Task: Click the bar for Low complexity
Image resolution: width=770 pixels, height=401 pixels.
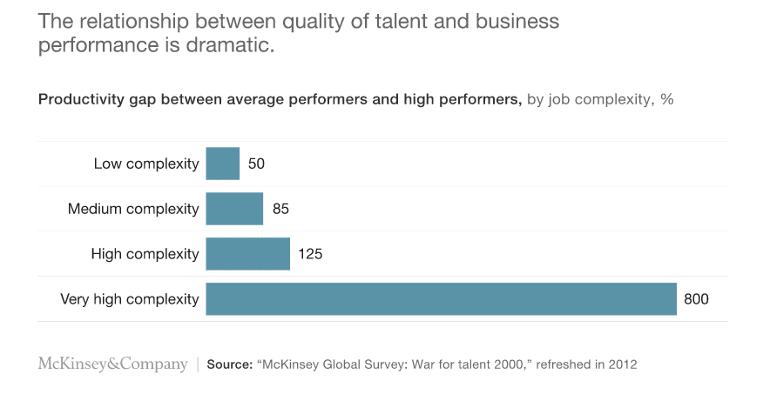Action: [x=222, y=164]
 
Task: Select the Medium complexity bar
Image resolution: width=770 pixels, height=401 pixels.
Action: [x=234, y=209]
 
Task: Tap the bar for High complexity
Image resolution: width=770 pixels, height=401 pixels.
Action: [x=247, y=254]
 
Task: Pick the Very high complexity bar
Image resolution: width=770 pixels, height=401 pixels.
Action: [x=441, y=299]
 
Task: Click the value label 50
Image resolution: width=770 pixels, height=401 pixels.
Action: [x=256, y=164]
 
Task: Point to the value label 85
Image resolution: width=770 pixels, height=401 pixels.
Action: [x=280, y=209]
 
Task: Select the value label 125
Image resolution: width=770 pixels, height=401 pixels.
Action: [x=310, y=254]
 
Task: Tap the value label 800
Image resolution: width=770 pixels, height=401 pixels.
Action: [x=696, y=299]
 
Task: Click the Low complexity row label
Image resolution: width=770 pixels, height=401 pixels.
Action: [x=146, y=164]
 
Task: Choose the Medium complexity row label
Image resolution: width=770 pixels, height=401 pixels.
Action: [x=133, y=209]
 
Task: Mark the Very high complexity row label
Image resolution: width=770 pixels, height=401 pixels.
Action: [x=130, y=299]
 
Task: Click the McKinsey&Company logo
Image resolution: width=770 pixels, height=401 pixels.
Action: [x=112, y=364]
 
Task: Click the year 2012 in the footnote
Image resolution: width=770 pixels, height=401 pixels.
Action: [x=622, y=364]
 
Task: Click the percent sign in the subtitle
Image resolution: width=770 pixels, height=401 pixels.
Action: [x=667, y=99]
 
